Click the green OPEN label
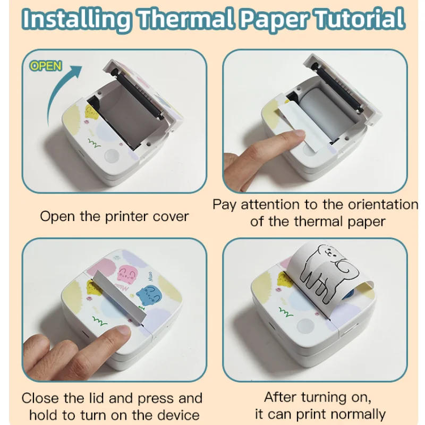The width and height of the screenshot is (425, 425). pos(46,66)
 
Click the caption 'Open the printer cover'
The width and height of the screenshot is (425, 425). pos(114,216)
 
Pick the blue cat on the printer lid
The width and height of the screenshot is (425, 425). pos(149,295)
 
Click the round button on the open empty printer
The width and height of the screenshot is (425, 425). pos(112,155)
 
